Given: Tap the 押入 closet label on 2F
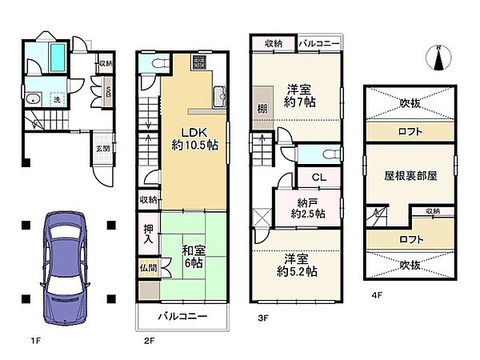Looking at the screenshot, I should point(148,234).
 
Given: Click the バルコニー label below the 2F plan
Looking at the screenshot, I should point(182,317).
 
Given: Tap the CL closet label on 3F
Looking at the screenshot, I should point(318,177).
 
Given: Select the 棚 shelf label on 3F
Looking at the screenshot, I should point(262,109).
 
